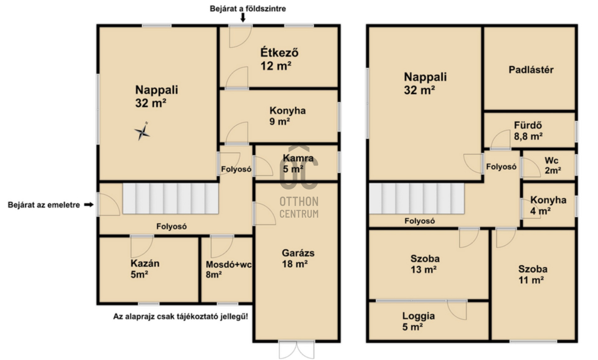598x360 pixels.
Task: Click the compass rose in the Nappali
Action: pos(142,132)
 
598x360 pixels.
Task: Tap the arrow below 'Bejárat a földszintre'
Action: pos(243,18)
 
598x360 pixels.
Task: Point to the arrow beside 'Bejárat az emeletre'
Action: pos(89,205)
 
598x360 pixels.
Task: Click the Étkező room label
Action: pos(279,59)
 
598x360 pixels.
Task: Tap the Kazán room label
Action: pos(145,269)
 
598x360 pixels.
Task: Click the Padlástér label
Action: pos(531,70)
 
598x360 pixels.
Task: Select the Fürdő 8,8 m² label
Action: pos(528,131)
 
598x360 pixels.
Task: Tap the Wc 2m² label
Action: pos(553,166)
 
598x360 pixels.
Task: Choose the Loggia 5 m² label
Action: pos(418,321)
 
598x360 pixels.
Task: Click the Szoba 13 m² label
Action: pos(425,264)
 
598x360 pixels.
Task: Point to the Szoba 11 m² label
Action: pos(533,275)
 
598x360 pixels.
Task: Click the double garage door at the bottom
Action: pos(297,350)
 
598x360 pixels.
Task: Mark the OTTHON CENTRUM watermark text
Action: pos(299,208)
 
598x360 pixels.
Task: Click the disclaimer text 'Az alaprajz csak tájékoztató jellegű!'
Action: pos(181,317)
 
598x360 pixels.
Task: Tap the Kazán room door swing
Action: pos(142,247)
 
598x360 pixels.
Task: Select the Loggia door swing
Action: pos(457,310)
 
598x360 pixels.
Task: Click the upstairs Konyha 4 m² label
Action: pos(548,205)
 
